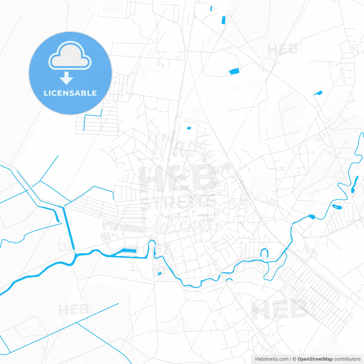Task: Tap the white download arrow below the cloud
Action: click(67, 78)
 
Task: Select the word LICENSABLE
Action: click(70, 93)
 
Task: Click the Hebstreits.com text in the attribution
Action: click(272, 359)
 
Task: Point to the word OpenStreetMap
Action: click(315, 359)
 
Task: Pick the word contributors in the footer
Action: click(347, 359)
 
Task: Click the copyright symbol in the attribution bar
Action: click(294, 359)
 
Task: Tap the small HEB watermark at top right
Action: click(283, 50)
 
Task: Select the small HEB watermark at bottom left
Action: click(74, 309)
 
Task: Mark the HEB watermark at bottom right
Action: click(280, 310)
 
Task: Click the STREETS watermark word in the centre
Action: click(179, 203)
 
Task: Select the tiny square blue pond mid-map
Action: click(189, 128)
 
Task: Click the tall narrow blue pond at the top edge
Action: click(224, 20)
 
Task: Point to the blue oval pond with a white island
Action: click(337, 206)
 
